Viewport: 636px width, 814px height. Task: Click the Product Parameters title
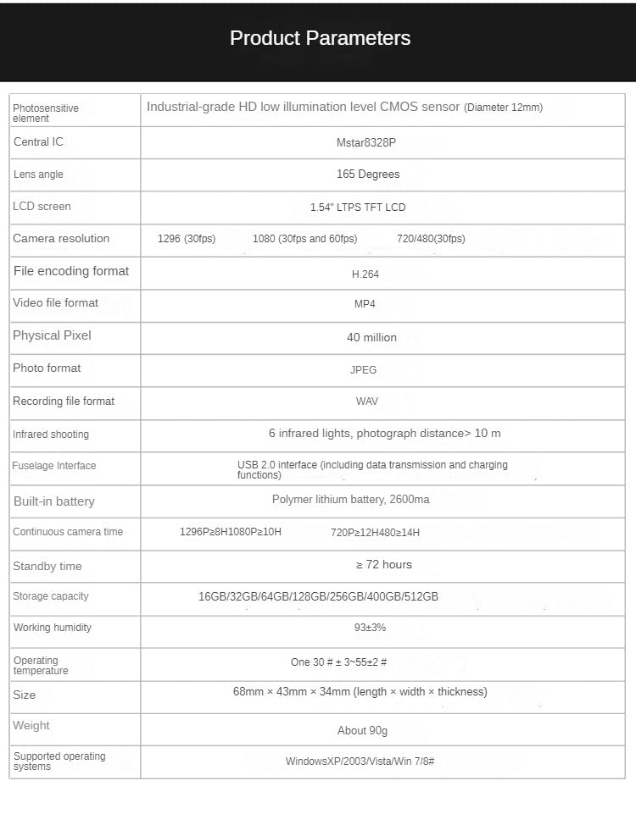320,38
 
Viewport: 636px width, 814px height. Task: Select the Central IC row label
38,142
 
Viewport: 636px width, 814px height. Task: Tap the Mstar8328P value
366,143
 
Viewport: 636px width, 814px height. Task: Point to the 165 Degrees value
368,174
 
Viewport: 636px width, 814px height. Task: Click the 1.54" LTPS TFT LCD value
358,208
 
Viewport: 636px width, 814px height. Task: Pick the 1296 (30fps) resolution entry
187,239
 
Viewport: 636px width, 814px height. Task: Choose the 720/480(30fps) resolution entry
431,239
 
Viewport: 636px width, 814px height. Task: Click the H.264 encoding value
365,274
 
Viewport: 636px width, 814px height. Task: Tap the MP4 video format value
365,304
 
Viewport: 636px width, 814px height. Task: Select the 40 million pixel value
371,337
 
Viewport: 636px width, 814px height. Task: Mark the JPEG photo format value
363,370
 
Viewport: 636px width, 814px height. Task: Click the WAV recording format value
367,401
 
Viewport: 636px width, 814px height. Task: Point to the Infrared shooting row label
51,435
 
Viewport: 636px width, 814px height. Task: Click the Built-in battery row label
54,501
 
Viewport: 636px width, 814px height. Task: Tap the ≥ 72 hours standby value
383,565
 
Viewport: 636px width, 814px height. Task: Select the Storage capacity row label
51,596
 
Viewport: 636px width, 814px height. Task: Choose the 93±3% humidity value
370,628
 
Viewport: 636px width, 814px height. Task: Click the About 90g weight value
362,731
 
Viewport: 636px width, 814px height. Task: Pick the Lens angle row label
38,174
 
